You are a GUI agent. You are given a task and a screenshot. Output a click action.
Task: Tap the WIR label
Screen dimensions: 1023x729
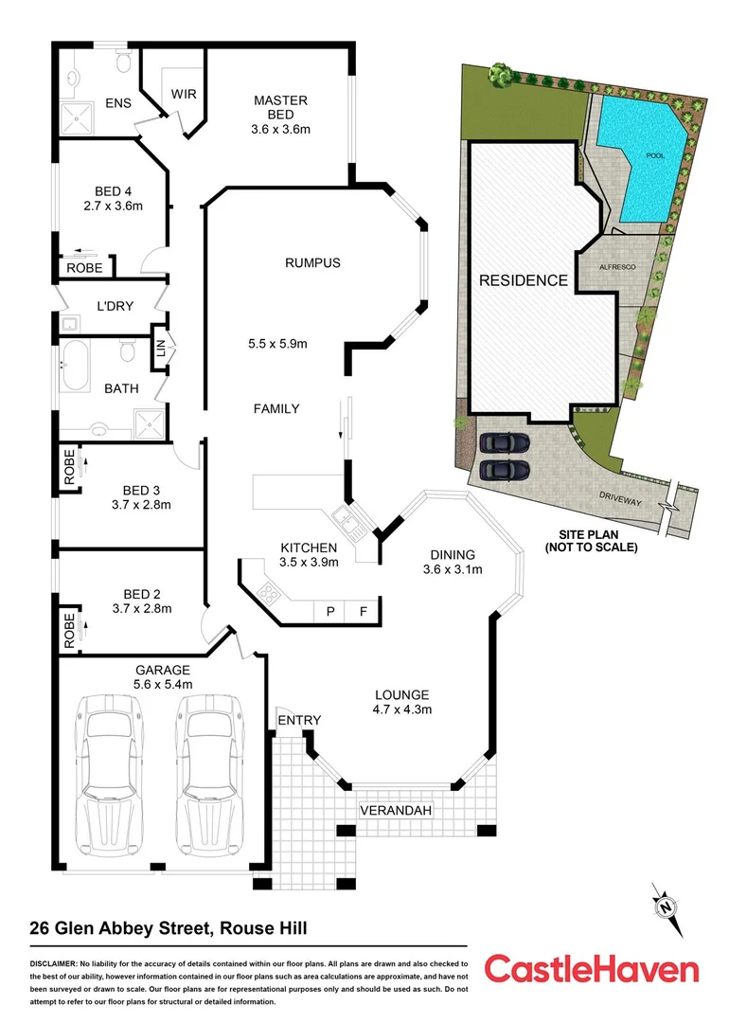click(x=183, y=94)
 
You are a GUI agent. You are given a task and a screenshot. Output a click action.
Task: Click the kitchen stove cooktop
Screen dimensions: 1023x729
click(x=268, y=595)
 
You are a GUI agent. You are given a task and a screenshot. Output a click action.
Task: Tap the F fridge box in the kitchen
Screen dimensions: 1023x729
click(x=363, y=611)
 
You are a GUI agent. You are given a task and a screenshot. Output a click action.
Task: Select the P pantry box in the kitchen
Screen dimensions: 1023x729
click(x=330, y=611)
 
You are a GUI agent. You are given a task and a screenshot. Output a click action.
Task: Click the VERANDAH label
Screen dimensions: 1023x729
click(x=396, y=811)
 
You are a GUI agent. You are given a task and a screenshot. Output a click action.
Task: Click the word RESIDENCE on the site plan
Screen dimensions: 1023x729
click(x=523, y=280)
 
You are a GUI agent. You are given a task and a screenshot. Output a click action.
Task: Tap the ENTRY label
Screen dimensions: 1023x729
click(x=299, y=720)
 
